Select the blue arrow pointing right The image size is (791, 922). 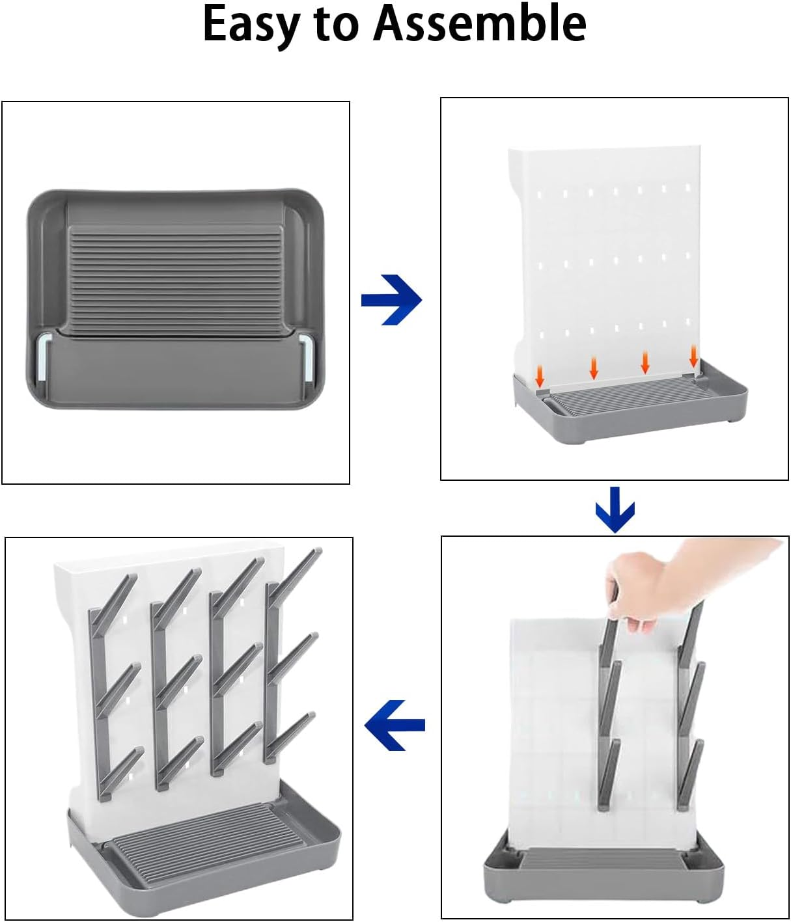pos(392,300)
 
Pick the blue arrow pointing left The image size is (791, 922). pos(395,725)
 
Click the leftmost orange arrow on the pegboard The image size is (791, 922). pos(540,375)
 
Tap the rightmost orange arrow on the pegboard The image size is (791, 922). pos(693,356)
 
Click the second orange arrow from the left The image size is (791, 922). pos(593,368)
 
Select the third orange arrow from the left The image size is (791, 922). pos(645,362)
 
